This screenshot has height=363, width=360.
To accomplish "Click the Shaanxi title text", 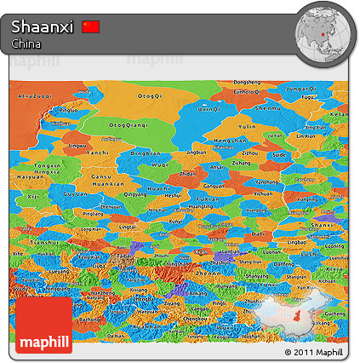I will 43,27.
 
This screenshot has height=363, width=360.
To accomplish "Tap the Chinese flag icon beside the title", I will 91,27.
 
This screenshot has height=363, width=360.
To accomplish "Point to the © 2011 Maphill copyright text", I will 313,352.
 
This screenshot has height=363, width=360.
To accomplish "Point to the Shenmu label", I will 268,108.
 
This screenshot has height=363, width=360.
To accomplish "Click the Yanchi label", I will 99,153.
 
